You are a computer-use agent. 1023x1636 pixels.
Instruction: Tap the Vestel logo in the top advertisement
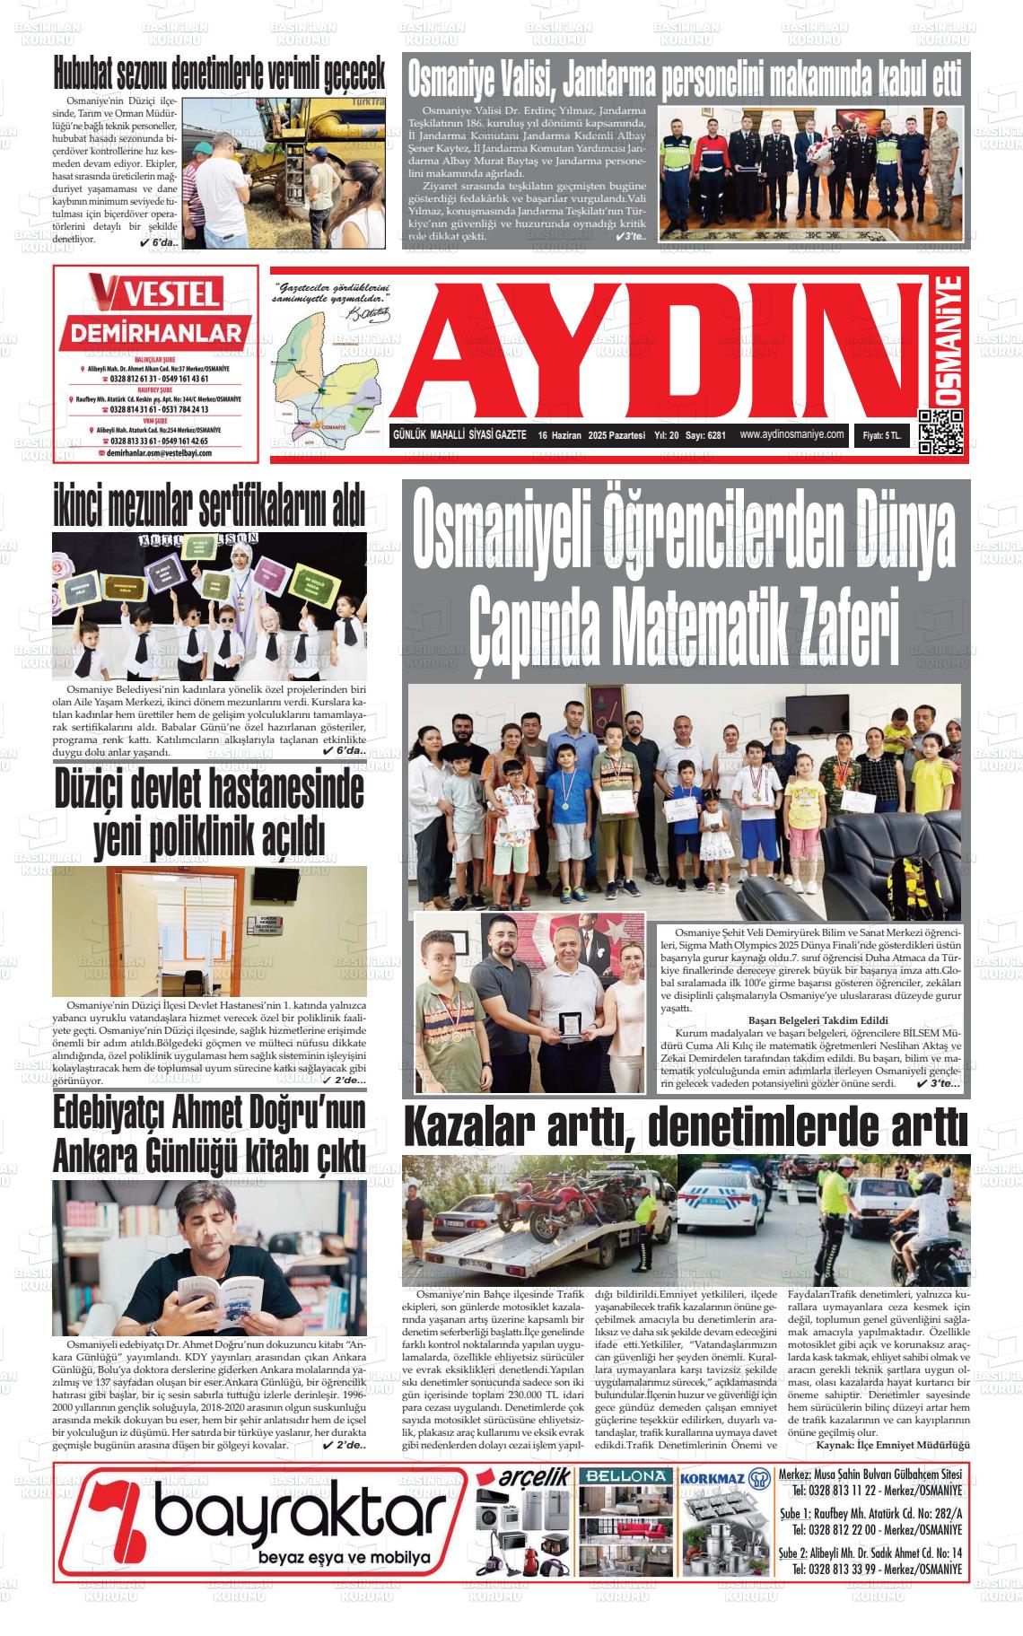pyautogui.click(x=154, y=293)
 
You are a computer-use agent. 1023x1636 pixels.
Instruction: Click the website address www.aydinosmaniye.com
pyautogui.click(x=792, y=433)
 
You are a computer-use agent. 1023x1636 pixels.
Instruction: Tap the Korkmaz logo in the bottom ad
pyautogui.click(x=724, y=1478)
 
